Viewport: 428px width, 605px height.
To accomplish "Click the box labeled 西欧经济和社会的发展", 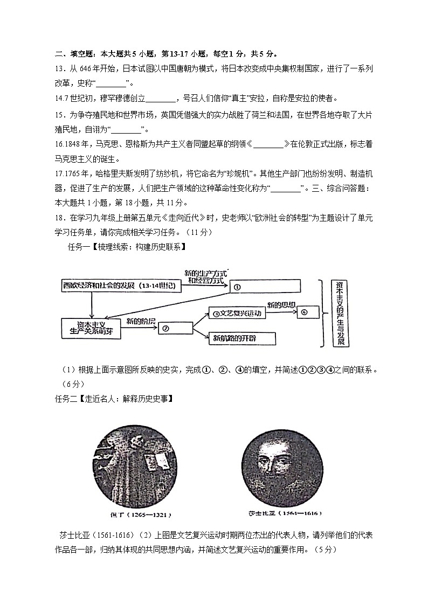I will point(121,286).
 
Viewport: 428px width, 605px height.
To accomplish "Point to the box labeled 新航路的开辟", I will point(242,338).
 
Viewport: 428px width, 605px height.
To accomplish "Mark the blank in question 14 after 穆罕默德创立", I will point(161,99).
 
